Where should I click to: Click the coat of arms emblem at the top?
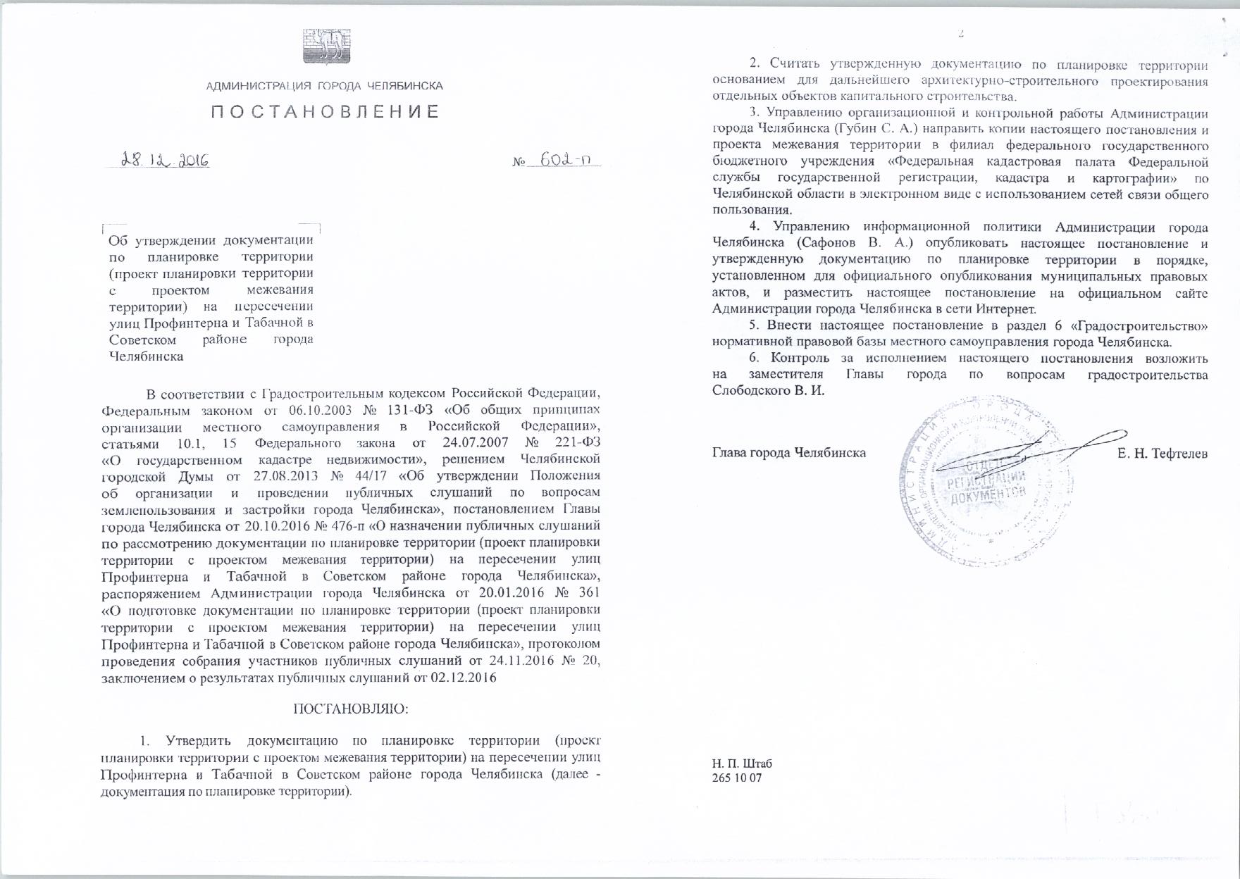326,46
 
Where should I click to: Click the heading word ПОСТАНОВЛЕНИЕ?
325,112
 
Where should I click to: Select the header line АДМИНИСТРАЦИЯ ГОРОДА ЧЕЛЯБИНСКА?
325,86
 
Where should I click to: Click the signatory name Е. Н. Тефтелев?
1162,454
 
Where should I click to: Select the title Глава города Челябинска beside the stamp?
789,453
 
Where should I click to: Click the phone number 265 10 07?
737,778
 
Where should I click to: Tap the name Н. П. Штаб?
742,763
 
